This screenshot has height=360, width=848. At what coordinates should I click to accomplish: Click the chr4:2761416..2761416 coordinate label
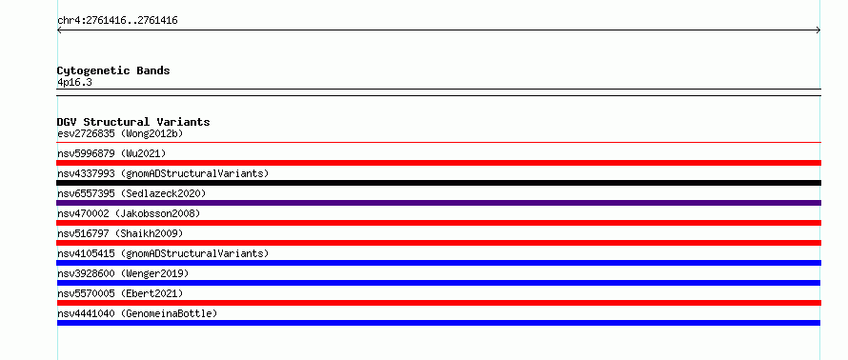coord(117,21)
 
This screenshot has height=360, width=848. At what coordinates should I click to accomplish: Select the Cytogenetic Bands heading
coord(113,70)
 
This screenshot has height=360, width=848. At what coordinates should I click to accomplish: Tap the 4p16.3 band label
coord(74,82)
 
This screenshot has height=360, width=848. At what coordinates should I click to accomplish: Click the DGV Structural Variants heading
coord(133,122)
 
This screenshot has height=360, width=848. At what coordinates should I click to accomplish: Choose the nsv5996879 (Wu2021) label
coord(111,153)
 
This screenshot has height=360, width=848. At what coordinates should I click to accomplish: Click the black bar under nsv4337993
coord(438,183)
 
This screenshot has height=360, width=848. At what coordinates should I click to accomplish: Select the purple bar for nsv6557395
coord(438,203)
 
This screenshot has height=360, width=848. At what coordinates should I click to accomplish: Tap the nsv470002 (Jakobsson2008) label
coord(129,213)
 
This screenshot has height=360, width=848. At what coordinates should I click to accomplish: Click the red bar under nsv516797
coord(438,243)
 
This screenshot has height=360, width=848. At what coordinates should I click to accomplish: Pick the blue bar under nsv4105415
coord(438,263)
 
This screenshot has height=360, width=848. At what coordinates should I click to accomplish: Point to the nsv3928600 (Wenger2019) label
coord(123,273)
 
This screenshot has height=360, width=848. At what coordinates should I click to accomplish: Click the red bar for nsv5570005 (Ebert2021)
coord(438,303)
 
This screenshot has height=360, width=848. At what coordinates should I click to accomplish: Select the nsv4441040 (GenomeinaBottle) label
coord(137,313)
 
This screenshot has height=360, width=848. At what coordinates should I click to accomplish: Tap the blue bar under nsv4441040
coord(438,323)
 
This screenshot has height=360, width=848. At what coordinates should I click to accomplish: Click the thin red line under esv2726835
coord(438,142)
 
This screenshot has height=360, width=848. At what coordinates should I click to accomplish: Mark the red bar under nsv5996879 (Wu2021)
coord(438,163)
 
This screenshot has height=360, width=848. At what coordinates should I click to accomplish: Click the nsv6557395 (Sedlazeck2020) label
coord(131,193)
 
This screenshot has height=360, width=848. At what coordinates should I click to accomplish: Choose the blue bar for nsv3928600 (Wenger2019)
coord(438,283)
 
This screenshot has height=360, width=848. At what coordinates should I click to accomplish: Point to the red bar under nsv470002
coord(438,223)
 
